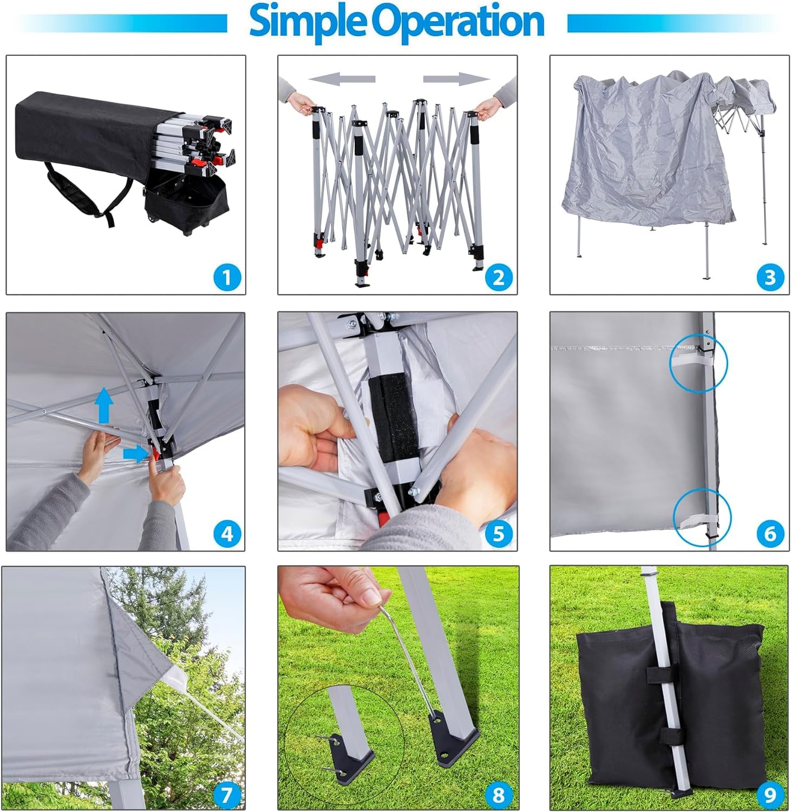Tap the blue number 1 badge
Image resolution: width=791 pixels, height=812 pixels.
coord(227,277)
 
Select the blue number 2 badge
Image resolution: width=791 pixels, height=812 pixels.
coord(499,277)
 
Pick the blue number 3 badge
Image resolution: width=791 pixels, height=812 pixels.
coord(770,277)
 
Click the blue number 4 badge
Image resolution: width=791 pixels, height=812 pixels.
coord(227,534)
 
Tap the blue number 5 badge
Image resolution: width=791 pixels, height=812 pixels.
coord(499,534)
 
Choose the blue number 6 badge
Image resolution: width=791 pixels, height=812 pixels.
coord(770,534)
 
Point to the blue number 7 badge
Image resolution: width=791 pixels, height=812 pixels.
coord(226,795)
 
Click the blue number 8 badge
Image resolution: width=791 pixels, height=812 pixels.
coord(499,795)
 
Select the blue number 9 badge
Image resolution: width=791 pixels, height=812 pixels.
coord(770,795)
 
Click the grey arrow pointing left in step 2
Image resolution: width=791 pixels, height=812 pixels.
coord(342,80)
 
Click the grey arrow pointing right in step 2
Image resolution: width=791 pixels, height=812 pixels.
coord(456,80)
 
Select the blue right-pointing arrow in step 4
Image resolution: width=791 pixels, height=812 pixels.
coord(135,454)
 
